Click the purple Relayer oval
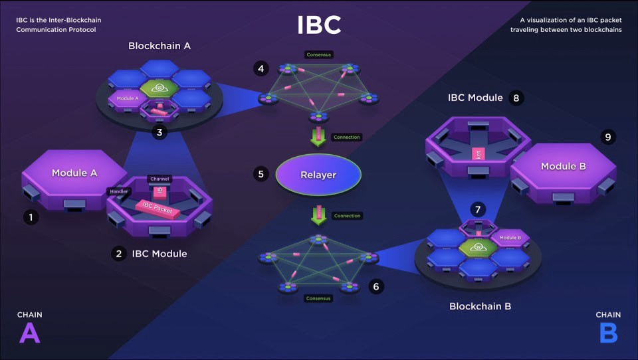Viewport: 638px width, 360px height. pos(319,175)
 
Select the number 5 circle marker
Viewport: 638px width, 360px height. pos(261,175)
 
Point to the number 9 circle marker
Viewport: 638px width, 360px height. pos(606,137)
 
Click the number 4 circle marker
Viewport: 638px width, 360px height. pos(261,68)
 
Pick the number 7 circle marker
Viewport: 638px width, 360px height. pos(478,209)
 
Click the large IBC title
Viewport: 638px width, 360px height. pos(319,25)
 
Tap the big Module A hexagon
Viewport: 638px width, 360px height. pos(70,173)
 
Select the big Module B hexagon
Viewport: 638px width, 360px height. pos(562,167)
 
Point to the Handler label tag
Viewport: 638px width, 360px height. pos(117,191)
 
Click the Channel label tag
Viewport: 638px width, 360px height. pos(159,179)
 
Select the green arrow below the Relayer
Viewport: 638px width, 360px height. pos(319,215)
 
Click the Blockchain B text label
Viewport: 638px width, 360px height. pos(480,306)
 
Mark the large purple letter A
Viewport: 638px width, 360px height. pos(29,333)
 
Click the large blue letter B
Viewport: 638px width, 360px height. pos(608,333)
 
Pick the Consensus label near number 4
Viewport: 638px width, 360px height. pos(318,54)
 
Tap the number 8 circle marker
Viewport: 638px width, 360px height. pos(516,98)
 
